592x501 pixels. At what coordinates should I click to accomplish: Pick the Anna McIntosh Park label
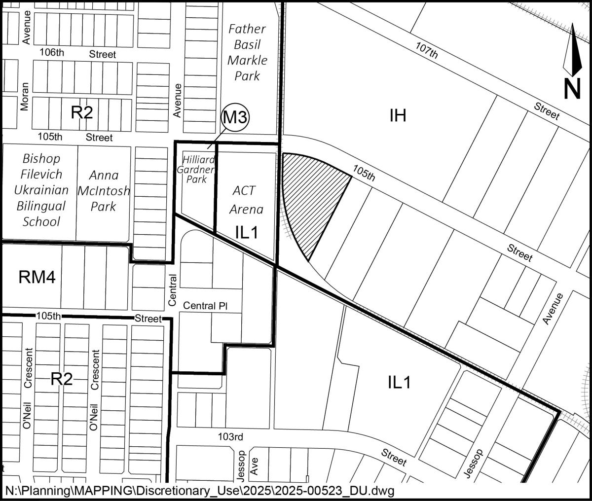coord(104,190)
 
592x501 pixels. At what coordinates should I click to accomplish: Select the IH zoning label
coord(398,116)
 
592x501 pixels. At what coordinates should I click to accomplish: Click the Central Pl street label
coord(205,306)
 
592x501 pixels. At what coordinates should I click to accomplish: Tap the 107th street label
coord(427,50)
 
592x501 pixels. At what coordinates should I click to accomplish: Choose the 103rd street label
coord(231,437)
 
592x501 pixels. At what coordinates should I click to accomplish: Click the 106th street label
coord(52,54)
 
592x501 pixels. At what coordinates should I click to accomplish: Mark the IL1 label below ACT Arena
coord(246,233)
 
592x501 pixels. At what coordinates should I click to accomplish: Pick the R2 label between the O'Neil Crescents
coord(62,379)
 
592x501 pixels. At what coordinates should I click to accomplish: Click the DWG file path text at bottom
coord(200,492)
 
